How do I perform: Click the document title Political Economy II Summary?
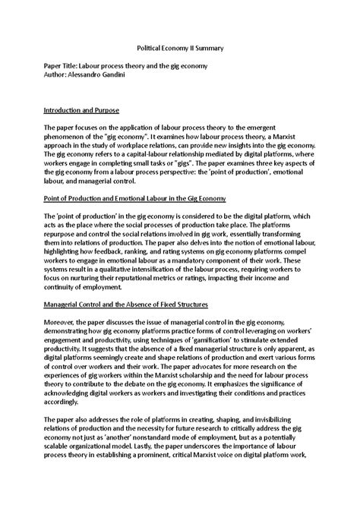pos(179,46)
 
